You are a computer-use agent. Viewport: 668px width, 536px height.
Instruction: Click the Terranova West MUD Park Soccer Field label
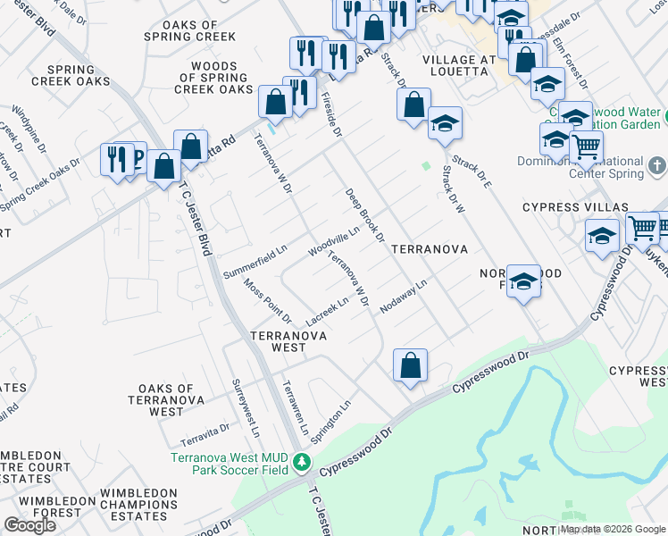230,463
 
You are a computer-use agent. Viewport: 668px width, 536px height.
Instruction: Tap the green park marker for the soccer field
303,463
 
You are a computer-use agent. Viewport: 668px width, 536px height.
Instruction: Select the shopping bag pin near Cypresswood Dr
410,365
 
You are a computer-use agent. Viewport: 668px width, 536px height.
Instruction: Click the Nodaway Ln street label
405,296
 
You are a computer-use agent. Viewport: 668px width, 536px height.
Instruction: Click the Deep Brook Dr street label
365,214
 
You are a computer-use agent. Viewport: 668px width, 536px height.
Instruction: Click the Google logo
30,525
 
